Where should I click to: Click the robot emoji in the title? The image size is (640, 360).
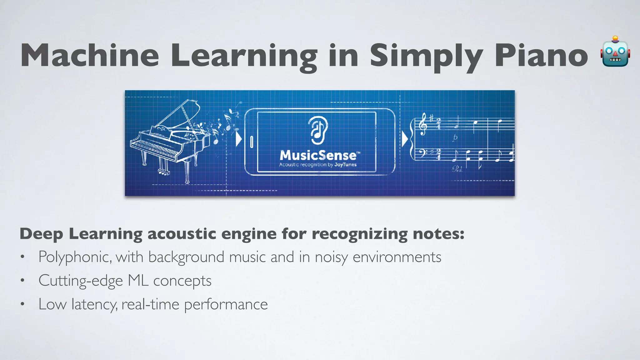point(615,52)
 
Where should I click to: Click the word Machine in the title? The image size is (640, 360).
point(90,56)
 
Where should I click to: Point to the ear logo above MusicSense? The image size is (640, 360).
point(318,128)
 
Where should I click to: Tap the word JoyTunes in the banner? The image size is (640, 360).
point(345,165)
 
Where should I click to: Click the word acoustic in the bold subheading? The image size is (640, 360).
point(182,234)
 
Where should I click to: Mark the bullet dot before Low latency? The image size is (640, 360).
point(22,304)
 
